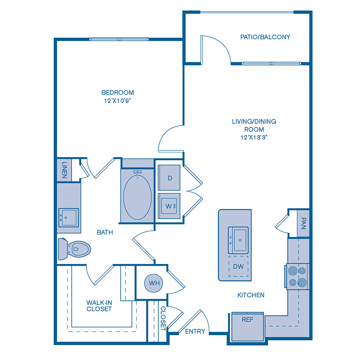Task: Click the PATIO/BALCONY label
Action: pos(265,37)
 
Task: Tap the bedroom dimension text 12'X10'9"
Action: pos(117,100)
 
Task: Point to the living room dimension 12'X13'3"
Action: pos(254,137)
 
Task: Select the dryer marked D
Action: pos(169,178)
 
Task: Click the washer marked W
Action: pos(169,206)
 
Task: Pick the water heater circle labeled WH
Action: pos(154,283)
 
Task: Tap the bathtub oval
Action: pos(137,197)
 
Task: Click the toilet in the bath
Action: pos(74,249)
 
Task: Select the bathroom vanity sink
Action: pos(68,218)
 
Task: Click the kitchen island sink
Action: pos(238,240)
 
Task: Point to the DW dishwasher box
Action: pos(238,266)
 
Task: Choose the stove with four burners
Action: pos(297,277)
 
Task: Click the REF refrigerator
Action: pos(248,327)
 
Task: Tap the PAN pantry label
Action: pos(303,223)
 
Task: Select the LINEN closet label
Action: pos(64,170)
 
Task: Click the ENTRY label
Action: pos(195,331)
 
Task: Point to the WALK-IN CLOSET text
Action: pos(99,306)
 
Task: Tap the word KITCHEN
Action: pos(251,295)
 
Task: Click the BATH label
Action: pos(105,232)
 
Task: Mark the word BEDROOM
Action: pos(118,92)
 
